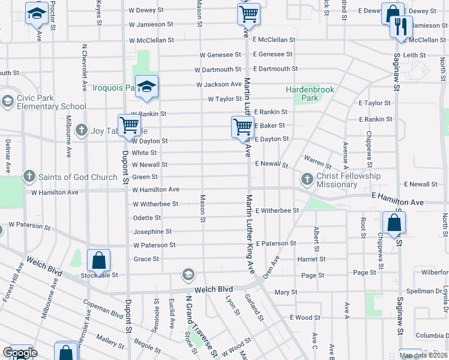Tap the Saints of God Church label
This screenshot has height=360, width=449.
click(78, 177)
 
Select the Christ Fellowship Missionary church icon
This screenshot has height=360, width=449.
click(307, 178)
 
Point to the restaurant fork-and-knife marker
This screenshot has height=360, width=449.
click(400, 27)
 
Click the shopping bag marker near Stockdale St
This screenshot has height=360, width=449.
click(99, 261)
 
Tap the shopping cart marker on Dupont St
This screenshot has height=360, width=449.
click(130, 125)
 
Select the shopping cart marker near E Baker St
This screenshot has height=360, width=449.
click(242, 127)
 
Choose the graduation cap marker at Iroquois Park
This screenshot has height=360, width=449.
click(146, 87)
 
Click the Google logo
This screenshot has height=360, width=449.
click(19, 353)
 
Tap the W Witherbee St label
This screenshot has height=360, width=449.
click(155, 204)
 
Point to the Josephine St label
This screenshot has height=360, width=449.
click(152, 232)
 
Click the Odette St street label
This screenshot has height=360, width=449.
click(146, 218)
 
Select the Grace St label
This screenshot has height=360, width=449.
click(146, 259)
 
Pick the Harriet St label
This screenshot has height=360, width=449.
click(311, 259)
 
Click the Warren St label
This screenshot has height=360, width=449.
click(318, 162)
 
